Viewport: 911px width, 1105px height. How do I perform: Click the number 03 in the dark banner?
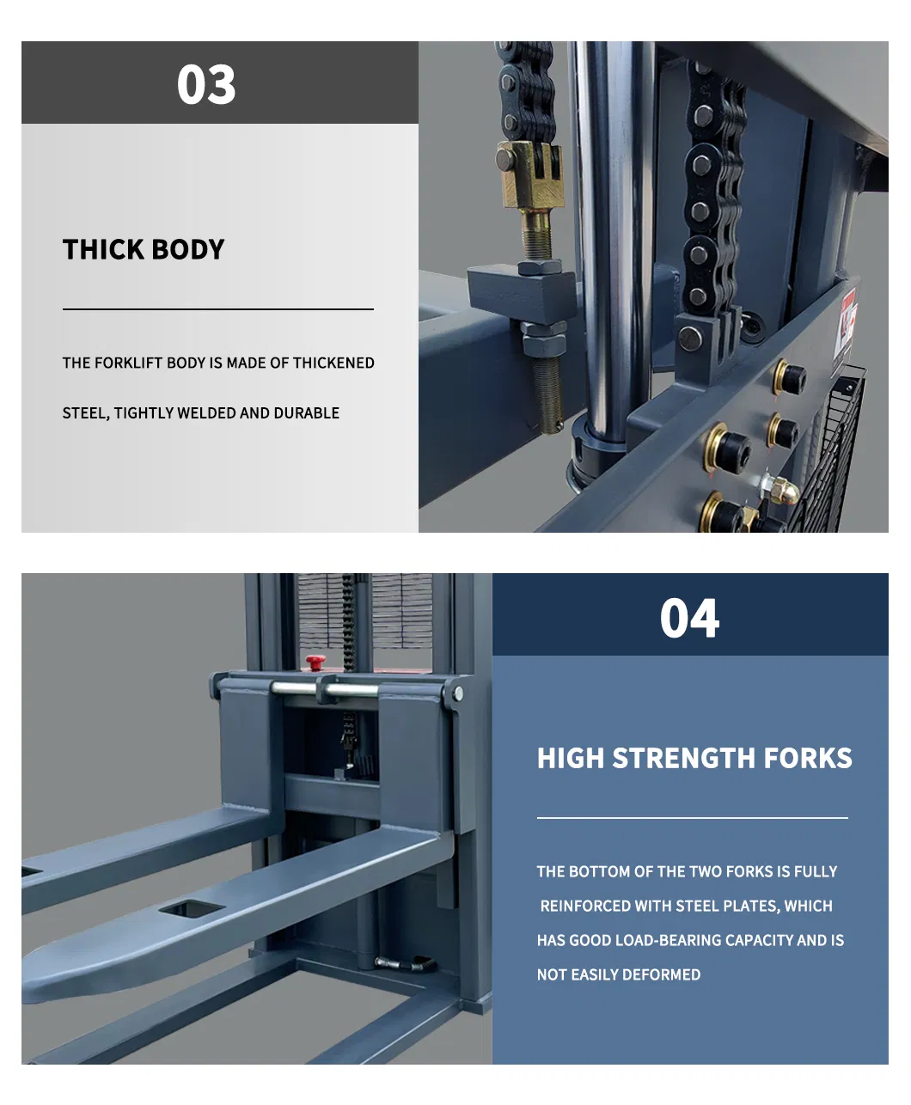206,84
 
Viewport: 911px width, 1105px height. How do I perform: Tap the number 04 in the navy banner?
689,618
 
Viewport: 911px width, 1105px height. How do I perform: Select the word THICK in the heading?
103,249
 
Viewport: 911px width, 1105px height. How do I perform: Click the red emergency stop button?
316,662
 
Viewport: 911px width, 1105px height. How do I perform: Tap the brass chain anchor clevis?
531,174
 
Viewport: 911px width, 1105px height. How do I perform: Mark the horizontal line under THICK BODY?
218,309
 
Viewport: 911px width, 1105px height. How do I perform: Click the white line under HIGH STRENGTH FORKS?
693,818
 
